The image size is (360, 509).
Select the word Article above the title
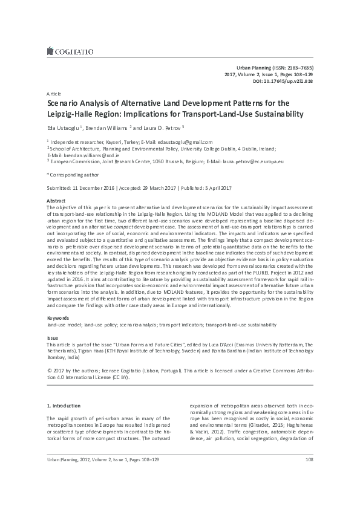click(53, 96)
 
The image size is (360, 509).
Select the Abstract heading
click(56, 199)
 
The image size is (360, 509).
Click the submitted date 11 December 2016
click(97, 186)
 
